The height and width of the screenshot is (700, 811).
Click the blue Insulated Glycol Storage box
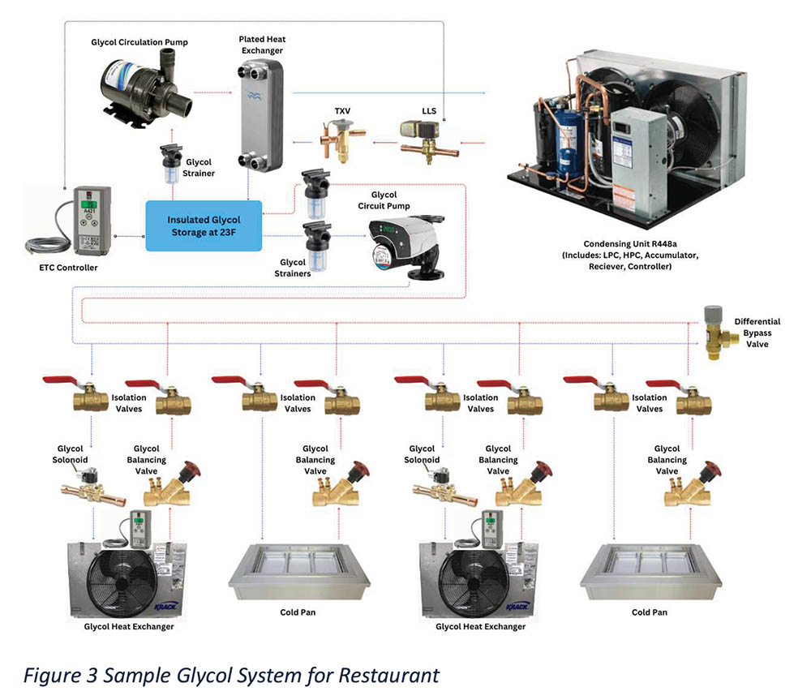pyautogui.click(x=204, y=225)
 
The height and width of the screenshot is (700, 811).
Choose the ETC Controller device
pyautogui.click(x=91, y=217)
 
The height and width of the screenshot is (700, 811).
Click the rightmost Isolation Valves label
pyautogui.click(x=649, y=403)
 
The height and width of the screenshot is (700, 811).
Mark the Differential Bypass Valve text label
pyautogui.click(x=757, y=333)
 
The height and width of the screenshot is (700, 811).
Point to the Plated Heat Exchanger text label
pyautogui.click(x=262, y=45)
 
